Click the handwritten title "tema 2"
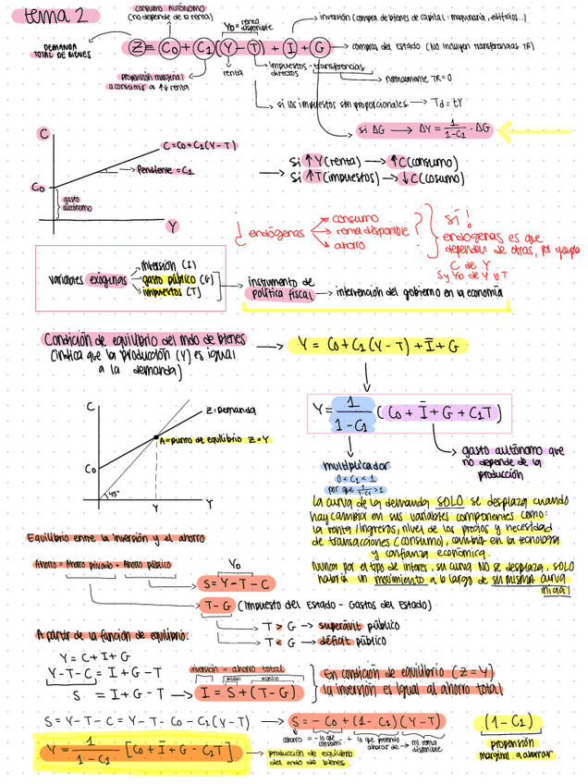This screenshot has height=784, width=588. click(x=57, y=16)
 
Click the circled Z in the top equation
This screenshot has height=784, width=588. click(x=138, y=47)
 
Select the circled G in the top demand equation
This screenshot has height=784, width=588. click(x=319, y=47)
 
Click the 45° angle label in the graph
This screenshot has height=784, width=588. click(x=113, y=494)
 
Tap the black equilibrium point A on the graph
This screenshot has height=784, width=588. click(x=156, y=436)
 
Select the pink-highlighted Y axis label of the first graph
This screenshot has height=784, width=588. click(x=173, y=225)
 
